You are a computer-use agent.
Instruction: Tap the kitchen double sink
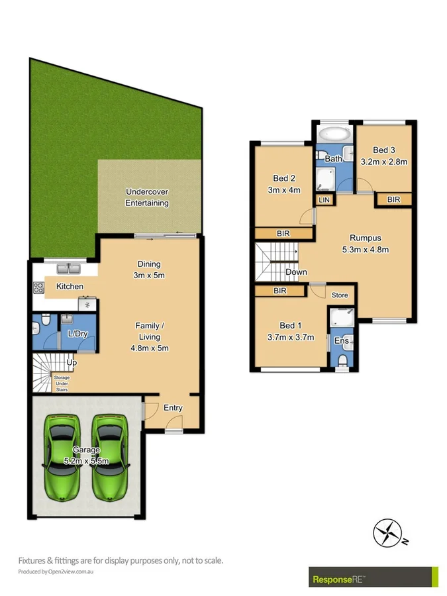pyautogui.click(x=68, y=269)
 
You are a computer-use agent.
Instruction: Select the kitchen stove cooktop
pyautogui.click(x=38, y=288)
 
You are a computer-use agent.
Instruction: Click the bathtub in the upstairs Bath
pyautogui.click(x=334, y=135)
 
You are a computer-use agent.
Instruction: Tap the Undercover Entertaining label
pyautogui.click(x=147, y=197)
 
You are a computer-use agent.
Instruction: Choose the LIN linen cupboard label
pyautogui.click(x=324, y=199)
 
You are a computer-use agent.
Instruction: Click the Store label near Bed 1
pyautogui.click(x=340, y=295)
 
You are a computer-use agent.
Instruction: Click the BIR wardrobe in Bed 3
pyautogui.click(x=393, y=199)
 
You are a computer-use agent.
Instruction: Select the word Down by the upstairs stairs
pyautogui.click(x=296, y=272)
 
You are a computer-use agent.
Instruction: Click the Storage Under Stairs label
pyautogui.click(x=62, y=383)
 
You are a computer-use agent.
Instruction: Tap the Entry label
pyautogui.click(x=173, y=408)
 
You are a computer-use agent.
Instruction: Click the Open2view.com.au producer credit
pyautogui.click(x=56, y=571)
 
